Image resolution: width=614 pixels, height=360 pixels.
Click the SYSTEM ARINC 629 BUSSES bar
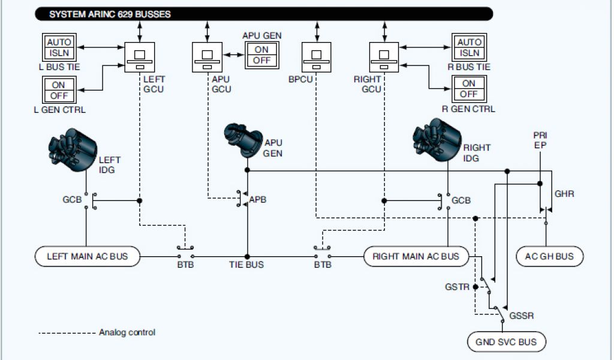click(x=264, y=14)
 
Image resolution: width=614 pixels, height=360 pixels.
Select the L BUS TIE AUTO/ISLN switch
click(x=59, y=47)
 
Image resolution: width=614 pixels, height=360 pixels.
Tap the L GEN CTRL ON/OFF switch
click(x=58, y=90)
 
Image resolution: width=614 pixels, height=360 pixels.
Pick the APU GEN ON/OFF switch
click(x=261, y=55)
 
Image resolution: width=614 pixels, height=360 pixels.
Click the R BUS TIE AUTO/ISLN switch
click(x=469, y=47)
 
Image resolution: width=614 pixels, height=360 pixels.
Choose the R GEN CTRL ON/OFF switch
click(x=469, y=90)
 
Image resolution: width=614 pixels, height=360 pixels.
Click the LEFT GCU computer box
click(x=140, y=58)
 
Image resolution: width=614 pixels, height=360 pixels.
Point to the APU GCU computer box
click(x=207, y=58)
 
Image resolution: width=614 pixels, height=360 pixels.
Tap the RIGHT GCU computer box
click(x=384, y=58)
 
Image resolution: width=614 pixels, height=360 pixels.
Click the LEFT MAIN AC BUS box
click(x=88, y=256)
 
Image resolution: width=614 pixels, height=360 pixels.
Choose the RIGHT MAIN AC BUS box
click(x=416, y=256)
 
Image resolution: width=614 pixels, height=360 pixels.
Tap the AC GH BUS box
click(x=550, y=256)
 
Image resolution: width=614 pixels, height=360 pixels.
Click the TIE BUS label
click(x=246, y=265)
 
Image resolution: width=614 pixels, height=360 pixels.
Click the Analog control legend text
click(x=127, y=332)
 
